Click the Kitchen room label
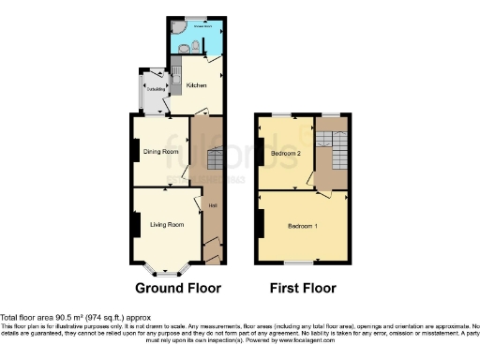(x=196, y=85)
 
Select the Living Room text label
(x=166, y=223)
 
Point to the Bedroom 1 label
(x=302, y=227)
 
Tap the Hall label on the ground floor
(x=212, y=205)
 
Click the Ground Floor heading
(x=172, y=288)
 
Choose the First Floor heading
(x=302, y=288)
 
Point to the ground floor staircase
(x=211, y=159)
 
